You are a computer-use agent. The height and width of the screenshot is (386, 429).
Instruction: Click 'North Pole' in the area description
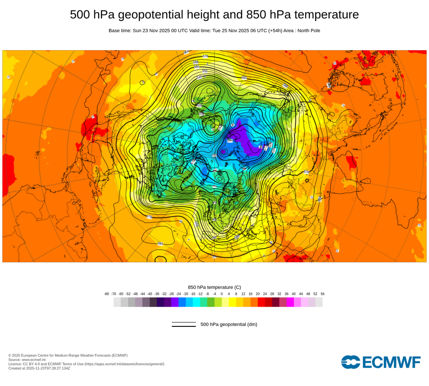click(x=307, y=30)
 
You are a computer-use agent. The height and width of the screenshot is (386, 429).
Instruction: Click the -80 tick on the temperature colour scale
click(x=106, y=294)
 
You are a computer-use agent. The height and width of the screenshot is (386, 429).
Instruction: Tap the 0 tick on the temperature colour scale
click(x=222, y=294)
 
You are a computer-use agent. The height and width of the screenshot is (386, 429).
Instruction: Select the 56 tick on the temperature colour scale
click(x=322, y=294)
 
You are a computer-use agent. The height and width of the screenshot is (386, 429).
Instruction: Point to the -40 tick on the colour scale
click(x=150, y=294)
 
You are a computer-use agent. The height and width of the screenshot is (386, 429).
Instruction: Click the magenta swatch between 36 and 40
click(x=290, y=302)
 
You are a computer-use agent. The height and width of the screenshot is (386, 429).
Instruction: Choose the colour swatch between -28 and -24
click(x=175, y=302)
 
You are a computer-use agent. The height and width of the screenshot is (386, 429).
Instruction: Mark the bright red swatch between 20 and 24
click(x=261, y=302)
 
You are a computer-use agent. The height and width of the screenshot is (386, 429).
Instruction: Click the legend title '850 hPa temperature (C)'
click(x=214, y=287)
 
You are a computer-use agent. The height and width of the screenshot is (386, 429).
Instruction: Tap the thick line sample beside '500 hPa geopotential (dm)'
click(x=184, y=326)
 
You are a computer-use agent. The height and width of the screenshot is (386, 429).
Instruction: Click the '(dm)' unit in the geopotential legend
click(x=251, y=324)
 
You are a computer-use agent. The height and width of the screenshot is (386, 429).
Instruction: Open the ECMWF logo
click(x=381, y=362)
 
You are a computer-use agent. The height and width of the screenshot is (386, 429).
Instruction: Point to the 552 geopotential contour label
click(x=205, y=71)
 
